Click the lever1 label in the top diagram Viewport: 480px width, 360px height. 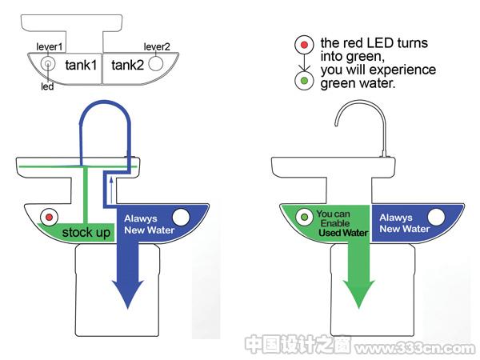click(50, 47)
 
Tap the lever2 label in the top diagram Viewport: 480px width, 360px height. click(157, 47)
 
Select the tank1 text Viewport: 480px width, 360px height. click(81, 66)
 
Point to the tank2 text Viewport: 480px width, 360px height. click(127, 66)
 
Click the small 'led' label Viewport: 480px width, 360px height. click(47, 86)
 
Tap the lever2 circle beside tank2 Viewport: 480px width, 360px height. click(156, 64)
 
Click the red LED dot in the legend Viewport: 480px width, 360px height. click(304, 45)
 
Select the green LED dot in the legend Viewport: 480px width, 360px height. click(304, 81)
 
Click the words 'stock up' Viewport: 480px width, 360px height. click(86, 233)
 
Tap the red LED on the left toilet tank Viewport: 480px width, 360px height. click(49, 218)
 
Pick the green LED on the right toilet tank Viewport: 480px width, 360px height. click(304, 217)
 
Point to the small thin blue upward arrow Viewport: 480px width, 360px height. click(111, 190)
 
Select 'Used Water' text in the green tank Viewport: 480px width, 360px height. click(343, 233)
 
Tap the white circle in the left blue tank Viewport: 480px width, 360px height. click(181, 217)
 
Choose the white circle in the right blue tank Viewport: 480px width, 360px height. click(436, 217)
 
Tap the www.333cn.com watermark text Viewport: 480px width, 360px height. click(415, 348)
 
